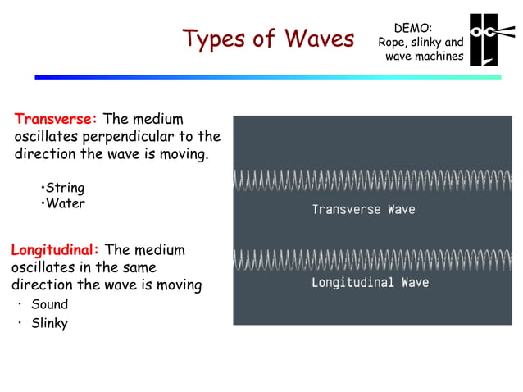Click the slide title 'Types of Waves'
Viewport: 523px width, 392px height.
pos(268,38)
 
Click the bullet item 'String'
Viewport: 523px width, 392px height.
pos(66,188)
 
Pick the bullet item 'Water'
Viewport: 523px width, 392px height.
pos(66,203)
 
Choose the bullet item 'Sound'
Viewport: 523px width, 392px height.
pos(50,304)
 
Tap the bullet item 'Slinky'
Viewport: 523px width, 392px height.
pos(50,323)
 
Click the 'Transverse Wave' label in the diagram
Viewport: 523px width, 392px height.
pos(363,210)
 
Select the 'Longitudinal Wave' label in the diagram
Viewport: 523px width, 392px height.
pos(370,283)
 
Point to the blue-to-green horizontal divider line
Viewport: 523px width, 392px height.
pos(267,77)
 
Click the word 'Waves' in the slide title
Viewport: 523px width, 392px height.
pos(320,38)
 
